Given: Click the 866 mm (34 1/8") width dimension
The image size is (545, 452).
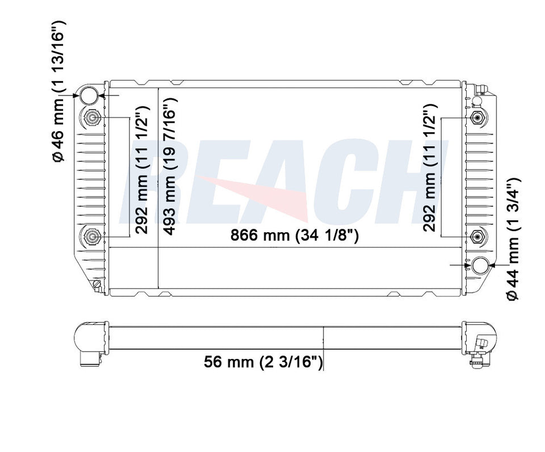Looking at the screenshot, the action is [x=294, y=236].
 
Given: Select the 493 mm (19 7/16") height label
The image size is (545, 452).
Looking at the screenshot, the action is [x=170, y=166].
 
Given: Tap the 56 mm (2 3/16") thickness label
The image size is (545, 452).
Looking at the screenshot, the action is [x=263, y=362].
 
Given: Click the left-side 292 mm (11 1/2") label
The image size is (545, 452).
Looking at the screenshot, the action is [x=142, y=170].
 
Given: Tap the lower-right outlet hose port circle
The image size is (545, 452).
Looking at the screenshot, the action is [x=480, y=266].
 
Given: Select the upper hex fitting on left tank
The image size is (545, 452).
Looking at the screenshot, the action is [x=92, y=118].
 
